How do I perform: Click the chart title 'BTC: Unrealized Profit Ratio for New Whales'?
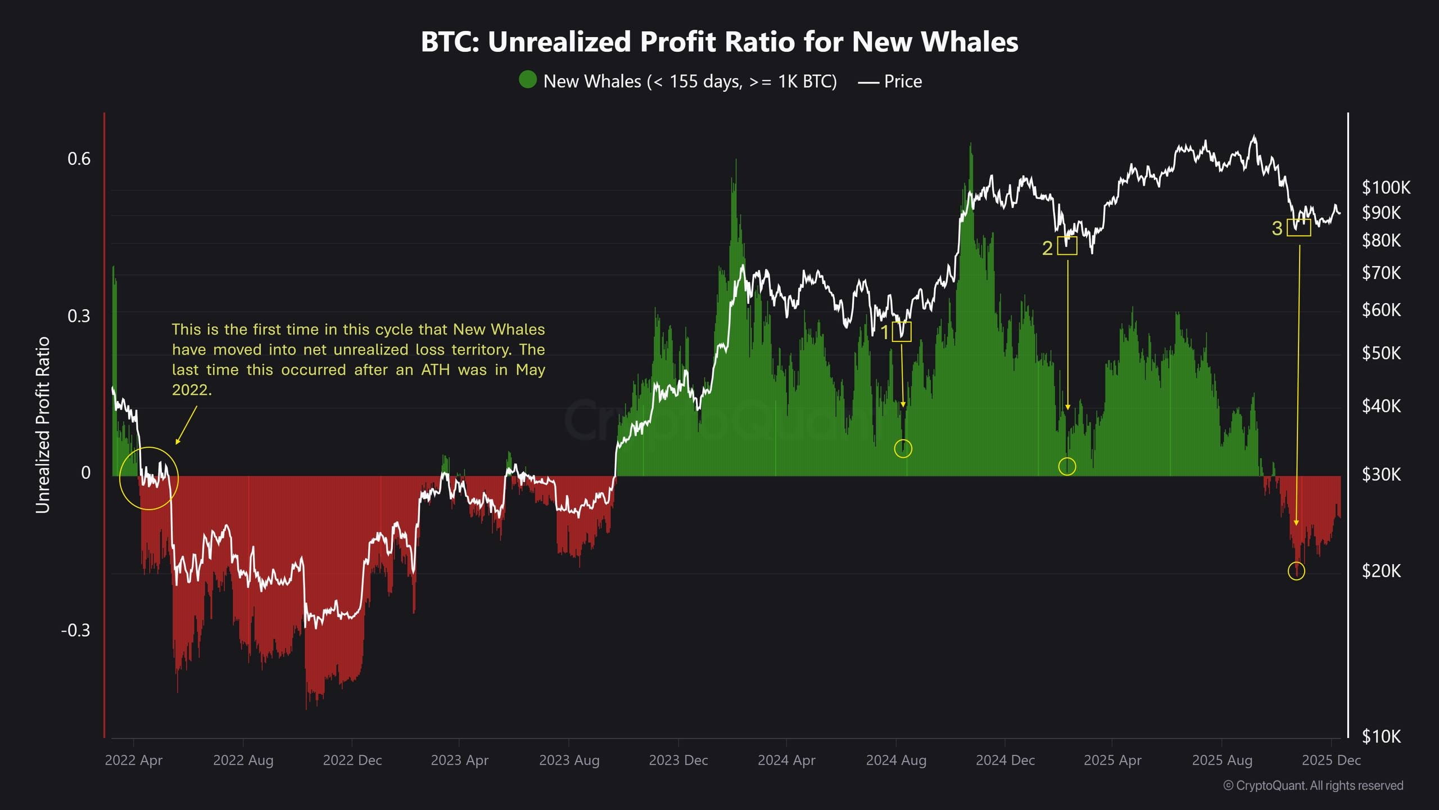point(719,42)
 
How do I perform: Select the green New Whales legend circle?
point(527,80)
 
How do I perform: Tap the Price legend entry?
point(890,82)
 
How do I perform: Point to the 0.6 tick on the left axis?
point(79,159)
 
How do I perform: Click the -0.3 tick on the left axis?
point(75,631)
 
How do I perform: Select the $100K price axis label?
point(1386,188)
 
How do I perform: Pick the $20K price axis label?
point(1381,571)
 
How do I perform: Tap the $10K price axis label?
point(1381,736)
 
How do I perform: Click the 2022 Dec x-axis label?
point(352,760)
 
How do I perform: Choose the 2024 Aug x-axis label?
point(896,760)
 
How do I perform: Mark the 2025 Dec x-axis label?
point(1331,760)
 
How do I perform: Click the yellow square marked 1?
point(902,332)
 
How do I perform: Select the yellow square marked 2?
point(1067,246)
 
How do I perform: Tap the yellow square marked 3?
point(1298,227)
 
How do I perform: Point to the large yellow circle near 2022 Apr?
point(149,479)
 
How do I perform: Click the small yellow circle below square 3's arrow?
point(1296,571)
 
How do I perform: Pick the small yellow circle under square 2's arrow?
point(1067,466)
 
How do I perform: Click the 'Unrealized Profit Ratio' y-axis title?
point(43,425)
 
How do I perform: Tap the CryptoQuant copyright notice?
point(1313,786)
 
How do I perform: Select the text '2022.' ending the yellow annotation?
point(192,390)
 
